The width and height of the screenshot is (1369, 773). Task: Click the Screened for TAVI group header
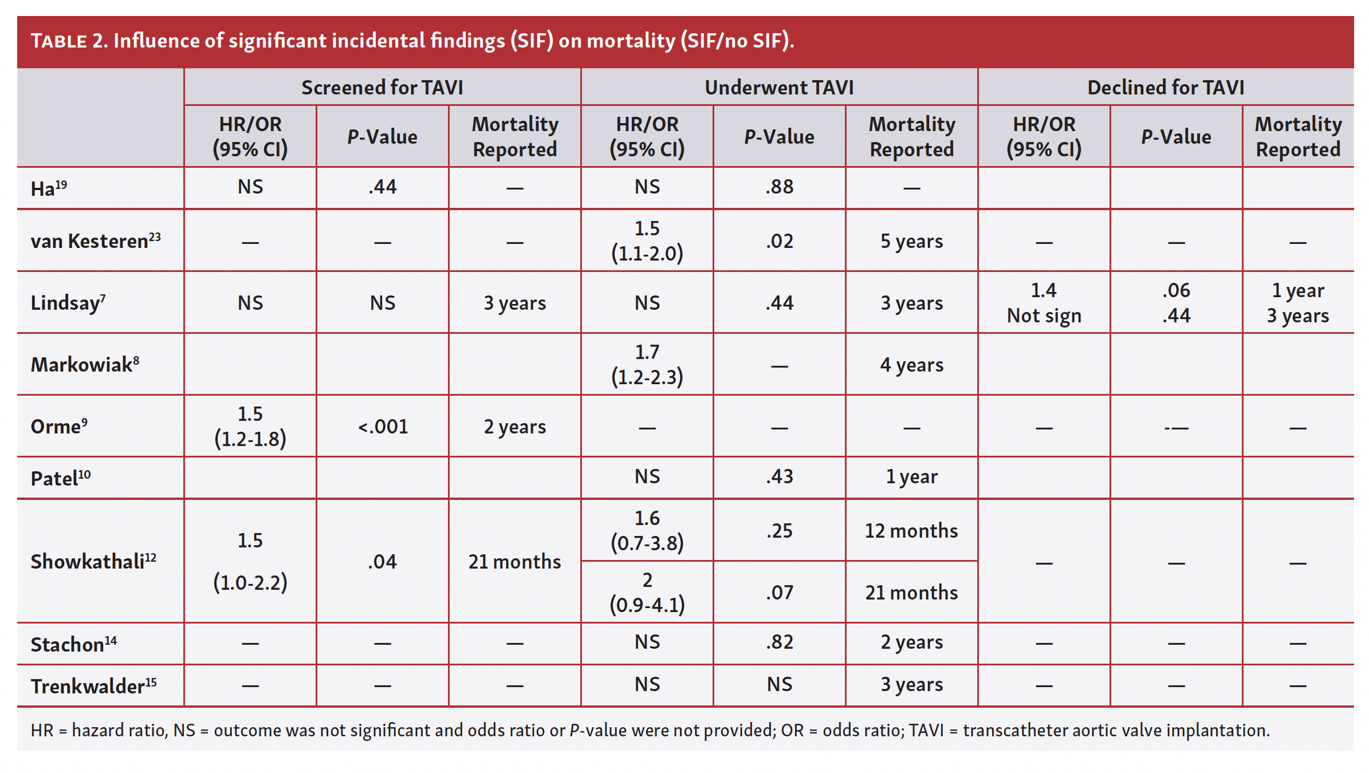tap(382, 88)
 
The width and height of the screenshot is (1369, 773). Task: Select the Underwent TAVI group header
tap(779, 88)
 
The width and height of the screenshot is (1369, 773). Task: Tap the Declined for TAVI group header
tap(1166, 88)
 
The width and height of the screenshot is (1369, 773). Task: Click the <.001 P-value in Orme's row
tap(383, 427)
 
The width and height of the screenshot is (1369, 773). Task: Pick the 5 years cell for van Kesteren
tap(911, 241)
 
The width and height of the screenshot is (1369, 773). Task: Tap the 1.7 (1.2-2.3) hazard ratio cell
tap(647, 365)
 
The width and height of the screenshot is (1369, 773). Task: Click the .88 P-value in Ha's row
tap(779, 187)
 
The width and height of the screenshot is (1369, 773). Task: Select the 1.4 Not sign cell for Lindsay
tap(1044, 303)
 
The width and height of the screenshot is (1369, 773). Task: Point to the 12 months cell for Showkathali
tap(911, 531)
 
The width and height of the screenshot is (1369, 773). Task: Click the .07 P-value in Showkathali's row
tap(779, 593)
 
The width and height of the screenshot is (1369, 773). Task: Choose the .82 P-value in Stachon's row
tap(779, 642)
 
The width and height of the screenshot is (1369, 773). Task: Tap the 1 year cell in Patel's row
tap(911, 476)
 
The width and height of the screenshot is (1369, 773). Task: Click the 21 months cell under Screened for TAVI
tap(514, 562)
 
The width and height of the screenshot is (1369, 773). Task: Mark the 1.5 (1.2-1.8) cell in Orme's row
tap(250, 427)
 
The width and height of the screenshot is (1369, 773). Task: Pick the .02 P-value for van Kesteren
tap(779, 241)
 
